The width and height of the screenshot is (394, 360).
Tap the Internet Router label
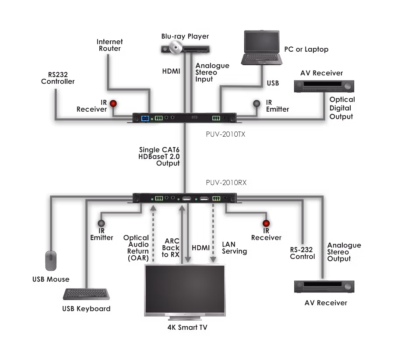click(110, 45)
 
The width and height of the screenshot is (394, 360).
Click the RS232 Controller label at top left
click(58, 78)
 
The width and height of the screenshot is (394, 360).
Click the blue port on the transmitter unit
click(145, 118)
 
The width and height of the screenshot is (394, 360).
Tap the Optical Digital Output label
click(342, 108)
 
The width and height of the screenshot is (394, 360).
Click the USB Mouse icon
click(51, 261)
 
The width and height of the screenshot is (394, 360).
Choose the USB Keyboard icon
click(86, 294)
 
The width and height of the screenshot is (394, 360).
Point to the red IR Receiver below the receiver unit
click(265, 224)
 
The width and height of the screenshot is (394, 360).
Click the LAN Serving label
click(234, 248)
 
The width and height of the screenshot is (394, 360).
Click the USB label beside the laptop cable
click(273, 82)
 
